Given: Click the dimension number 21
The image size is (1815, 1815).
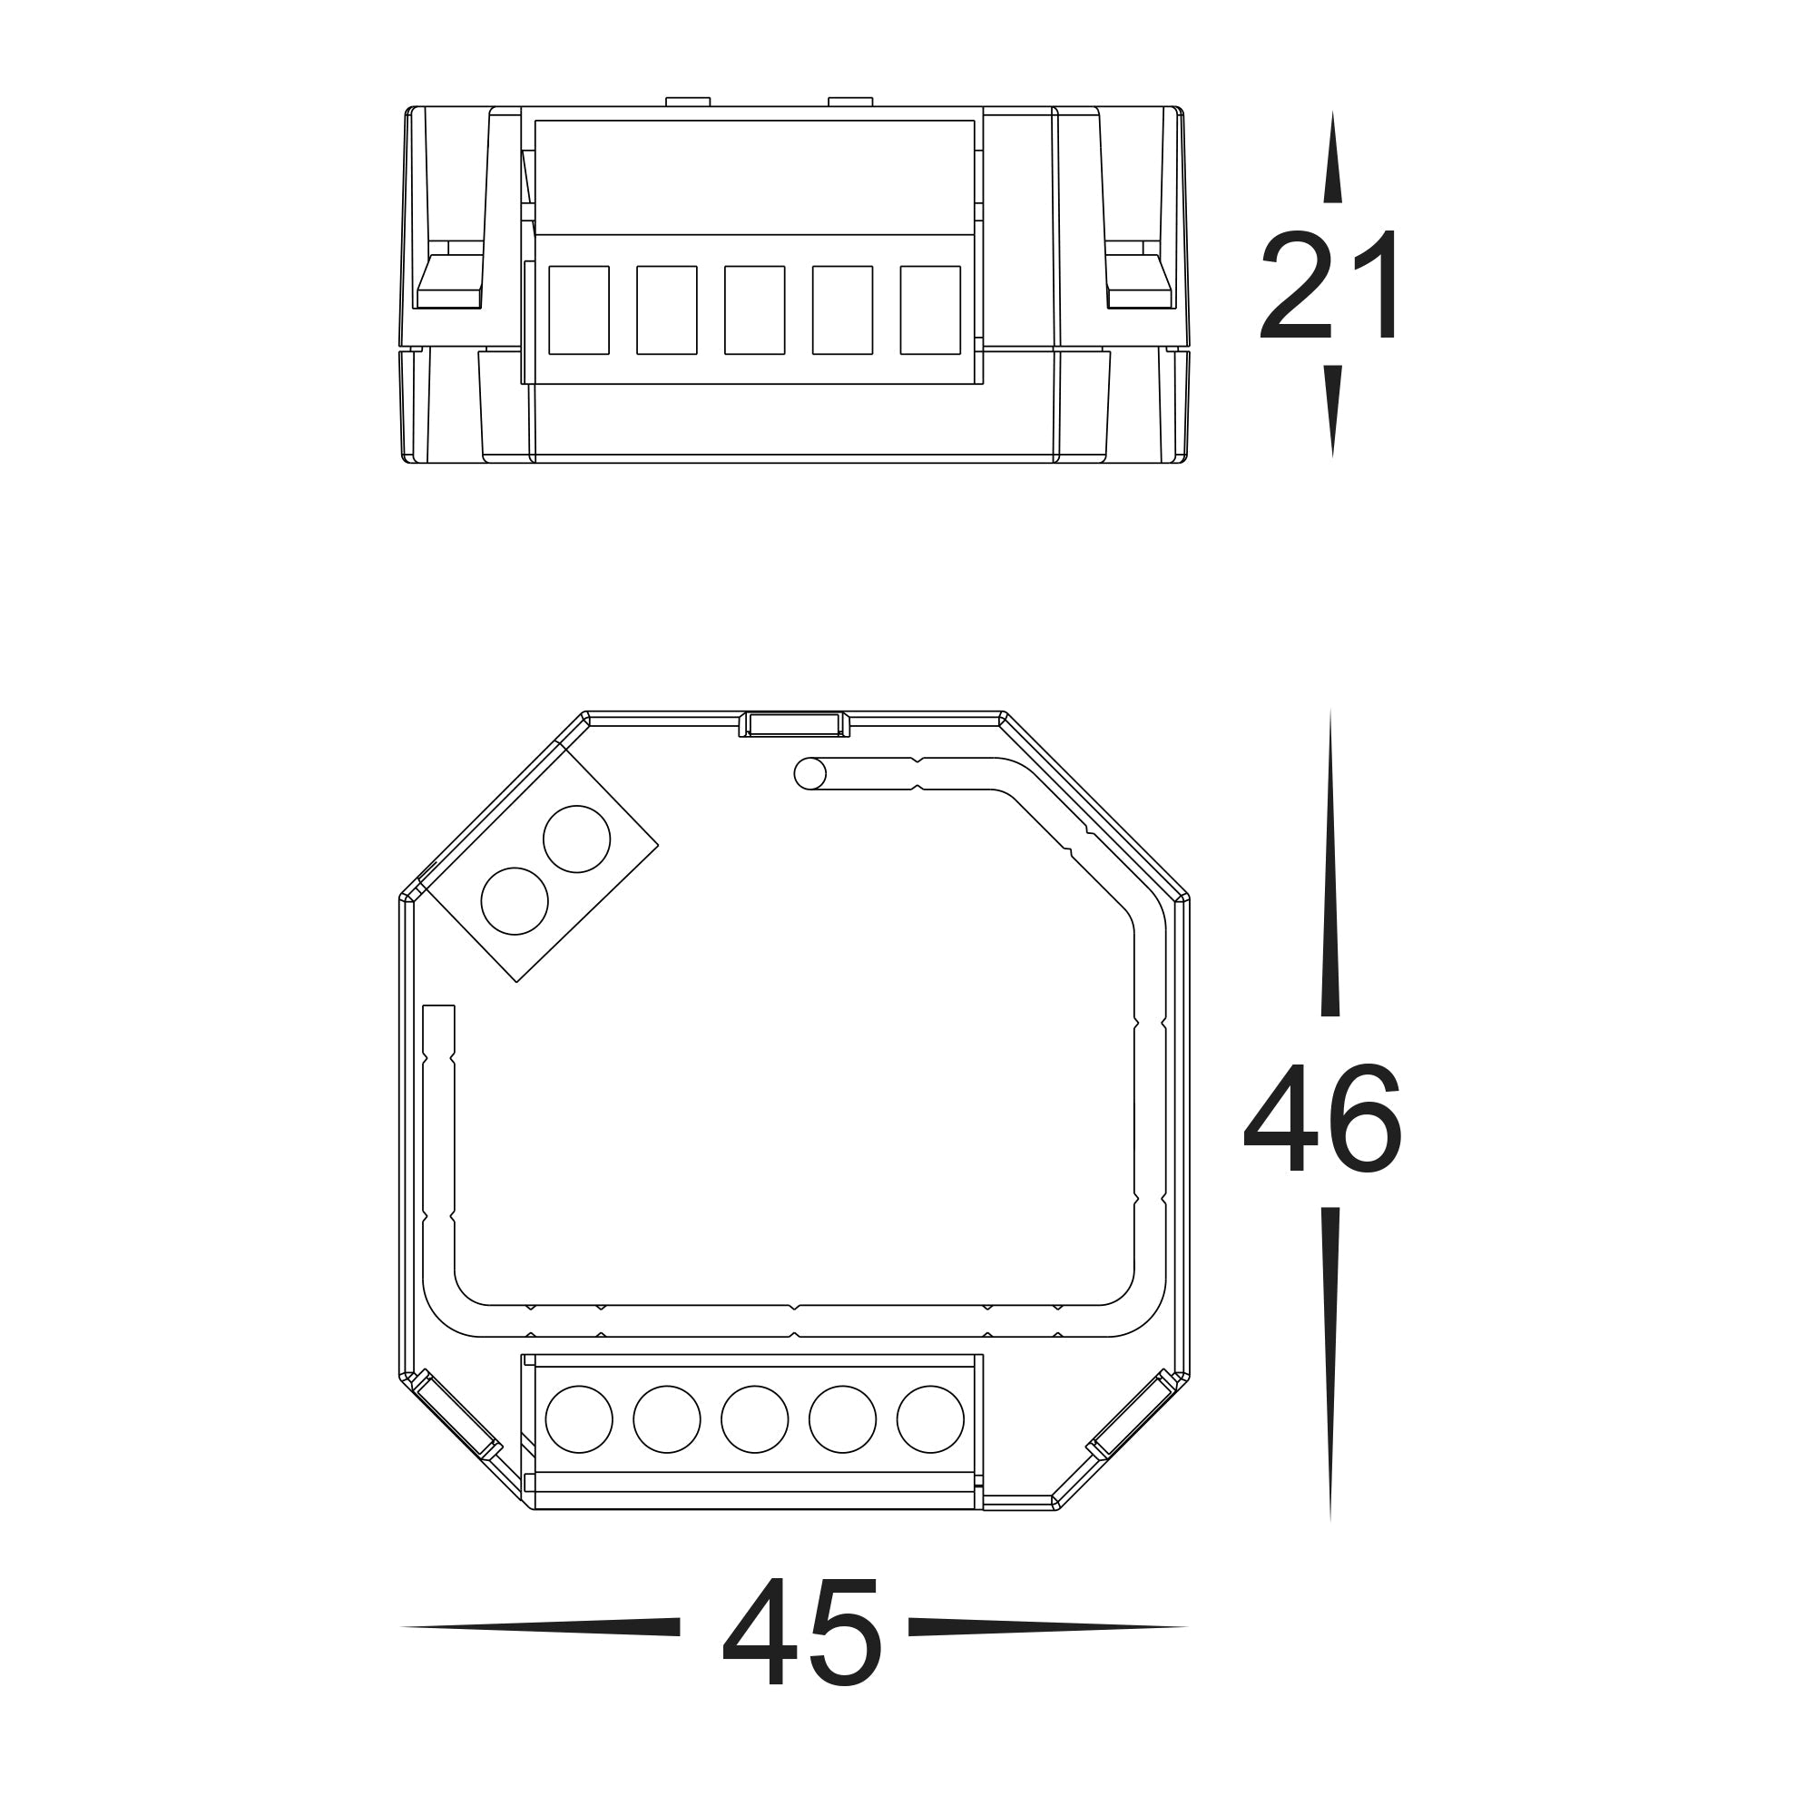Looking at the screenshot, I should pyautogui.click(x=1330, y=286).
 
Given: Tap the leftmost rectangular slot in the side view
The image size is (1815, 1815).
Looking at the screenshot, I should pyautogui.click(x=579, y=310).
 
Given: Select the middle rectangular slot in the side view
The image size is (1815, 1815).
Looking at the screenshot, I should pyautogui.click(x=754, y=310).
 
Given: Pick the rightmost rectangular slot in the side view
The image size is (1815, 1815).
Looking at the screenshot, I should pyautogui.click(x=930, y=310).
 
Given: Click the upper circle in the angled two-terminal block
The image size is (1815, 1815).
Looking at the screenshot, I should pyautogui.click(x=577, y=839).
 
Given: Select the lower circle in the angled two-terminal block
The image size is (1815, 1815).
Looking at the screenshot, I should pyautogui.click(x=514, y=901).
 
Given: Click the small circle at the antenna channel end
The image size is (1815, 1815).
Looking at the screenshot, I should pyautogui.click(x=809, y=774).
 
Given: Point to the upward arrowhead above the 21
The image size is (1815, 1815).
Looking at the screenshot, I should pyautogui.click(x=1332, y=160).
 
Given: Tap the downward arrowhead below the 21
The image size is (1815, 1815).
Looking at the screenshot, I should pyautogui.click(x=1332, y=409).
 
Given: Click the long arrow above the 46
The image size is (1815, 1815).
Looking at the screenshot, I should pyautogui.click(x=1330, y=864).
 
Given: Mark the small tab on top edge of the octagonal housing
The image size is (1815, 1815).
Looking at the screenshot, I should pyautogui.click(x=794, y=724).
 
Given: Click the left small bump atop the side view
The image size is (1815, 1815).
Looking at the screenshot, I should pyautogui.click(x=688, y=102).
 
